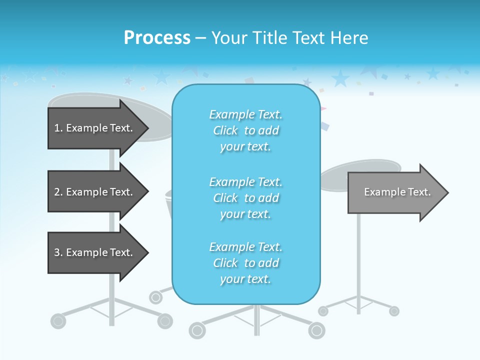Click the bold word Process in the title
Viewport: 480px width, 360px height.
pos(157,38)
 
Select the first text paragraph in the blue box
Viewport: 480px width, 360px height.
pos(245,130)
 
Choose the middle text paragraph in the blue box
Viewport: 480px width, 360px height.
pos(245,198)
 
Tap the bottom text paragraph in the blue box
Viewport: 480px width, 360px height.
pos(245,263)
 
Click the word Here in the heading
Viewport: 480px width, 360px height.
pos(350,38)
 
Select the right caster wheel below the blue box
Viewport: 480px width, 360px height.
pos(316,330)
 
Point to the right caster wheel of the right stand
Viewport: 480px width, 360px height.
pos(394,311)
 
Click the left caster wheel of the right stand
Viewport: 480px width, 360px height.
pos(323,311)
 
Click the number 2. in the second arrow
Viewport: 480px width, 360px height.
pos(58,192)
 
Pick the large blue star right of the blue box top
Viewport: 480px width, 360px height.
pos(340,78)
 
